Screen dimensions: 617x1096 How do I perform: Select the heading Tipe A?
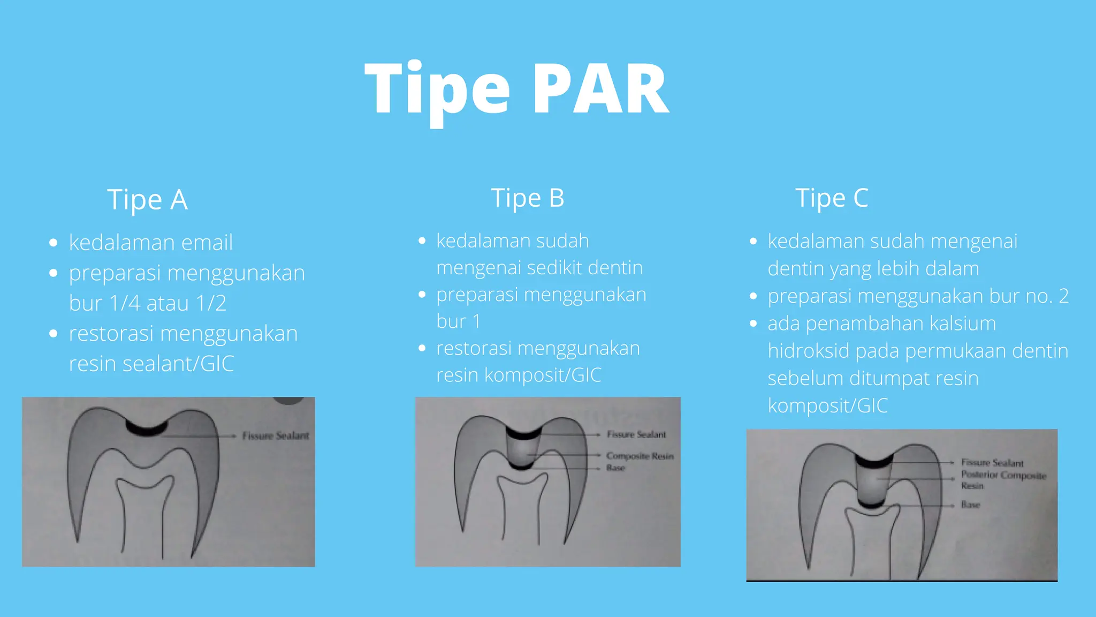click(x=147, y=200)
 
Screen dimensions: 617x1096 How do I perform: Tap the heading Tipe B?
click(x=527, y=198)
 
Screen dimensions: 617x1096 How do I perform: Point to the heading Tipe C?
click(x=832, y=198)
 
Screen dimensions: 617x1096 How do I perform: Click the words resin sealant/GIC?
click(x=151, y=364)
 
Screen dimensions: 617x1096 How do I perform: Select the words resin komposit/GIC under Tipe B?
click(x=519, y=375)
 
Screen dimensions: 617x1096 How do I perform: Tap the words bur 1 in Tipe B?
click(x=459, y=322)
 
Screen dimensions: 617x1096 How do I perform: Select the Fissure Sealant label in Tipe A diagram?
click(x=275, y=436)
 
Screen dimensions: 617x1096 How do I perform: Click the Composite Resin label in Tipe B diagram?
click(x=640, y=456)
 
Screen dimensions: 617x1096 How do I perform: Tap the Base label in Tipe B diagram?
click(x=615, y=468)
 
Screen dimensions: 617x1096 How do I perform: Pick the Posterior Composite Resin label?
click(x=1003, y=476)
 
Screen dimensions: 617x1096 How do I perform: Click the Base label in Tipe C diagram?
click(x=970, y=505)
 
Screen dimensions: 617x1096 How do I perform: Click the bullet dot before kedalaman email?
click(x=53, y=243)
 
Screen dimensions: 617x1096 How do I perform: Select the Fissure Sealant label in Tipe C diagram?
click(x=992, y=463)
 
